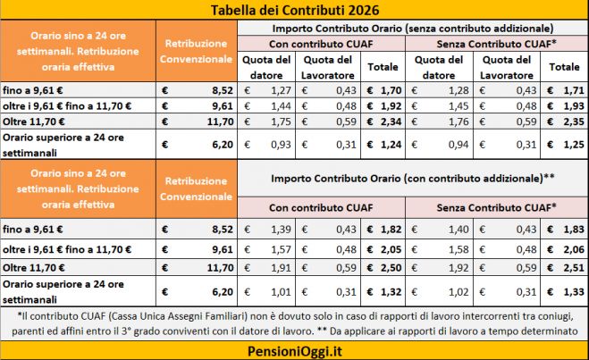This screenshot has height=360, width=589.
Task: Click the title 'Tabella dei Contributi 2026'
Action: tap(294, 11)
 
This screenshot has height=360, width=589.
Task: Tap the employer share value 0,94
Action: tap(458, 142)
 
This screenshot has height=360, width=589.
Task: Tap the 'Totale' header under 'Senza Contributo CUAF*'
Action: tap(563, 67)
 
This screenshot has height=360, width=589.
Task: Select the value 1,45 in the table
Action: tap(458, 105)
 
